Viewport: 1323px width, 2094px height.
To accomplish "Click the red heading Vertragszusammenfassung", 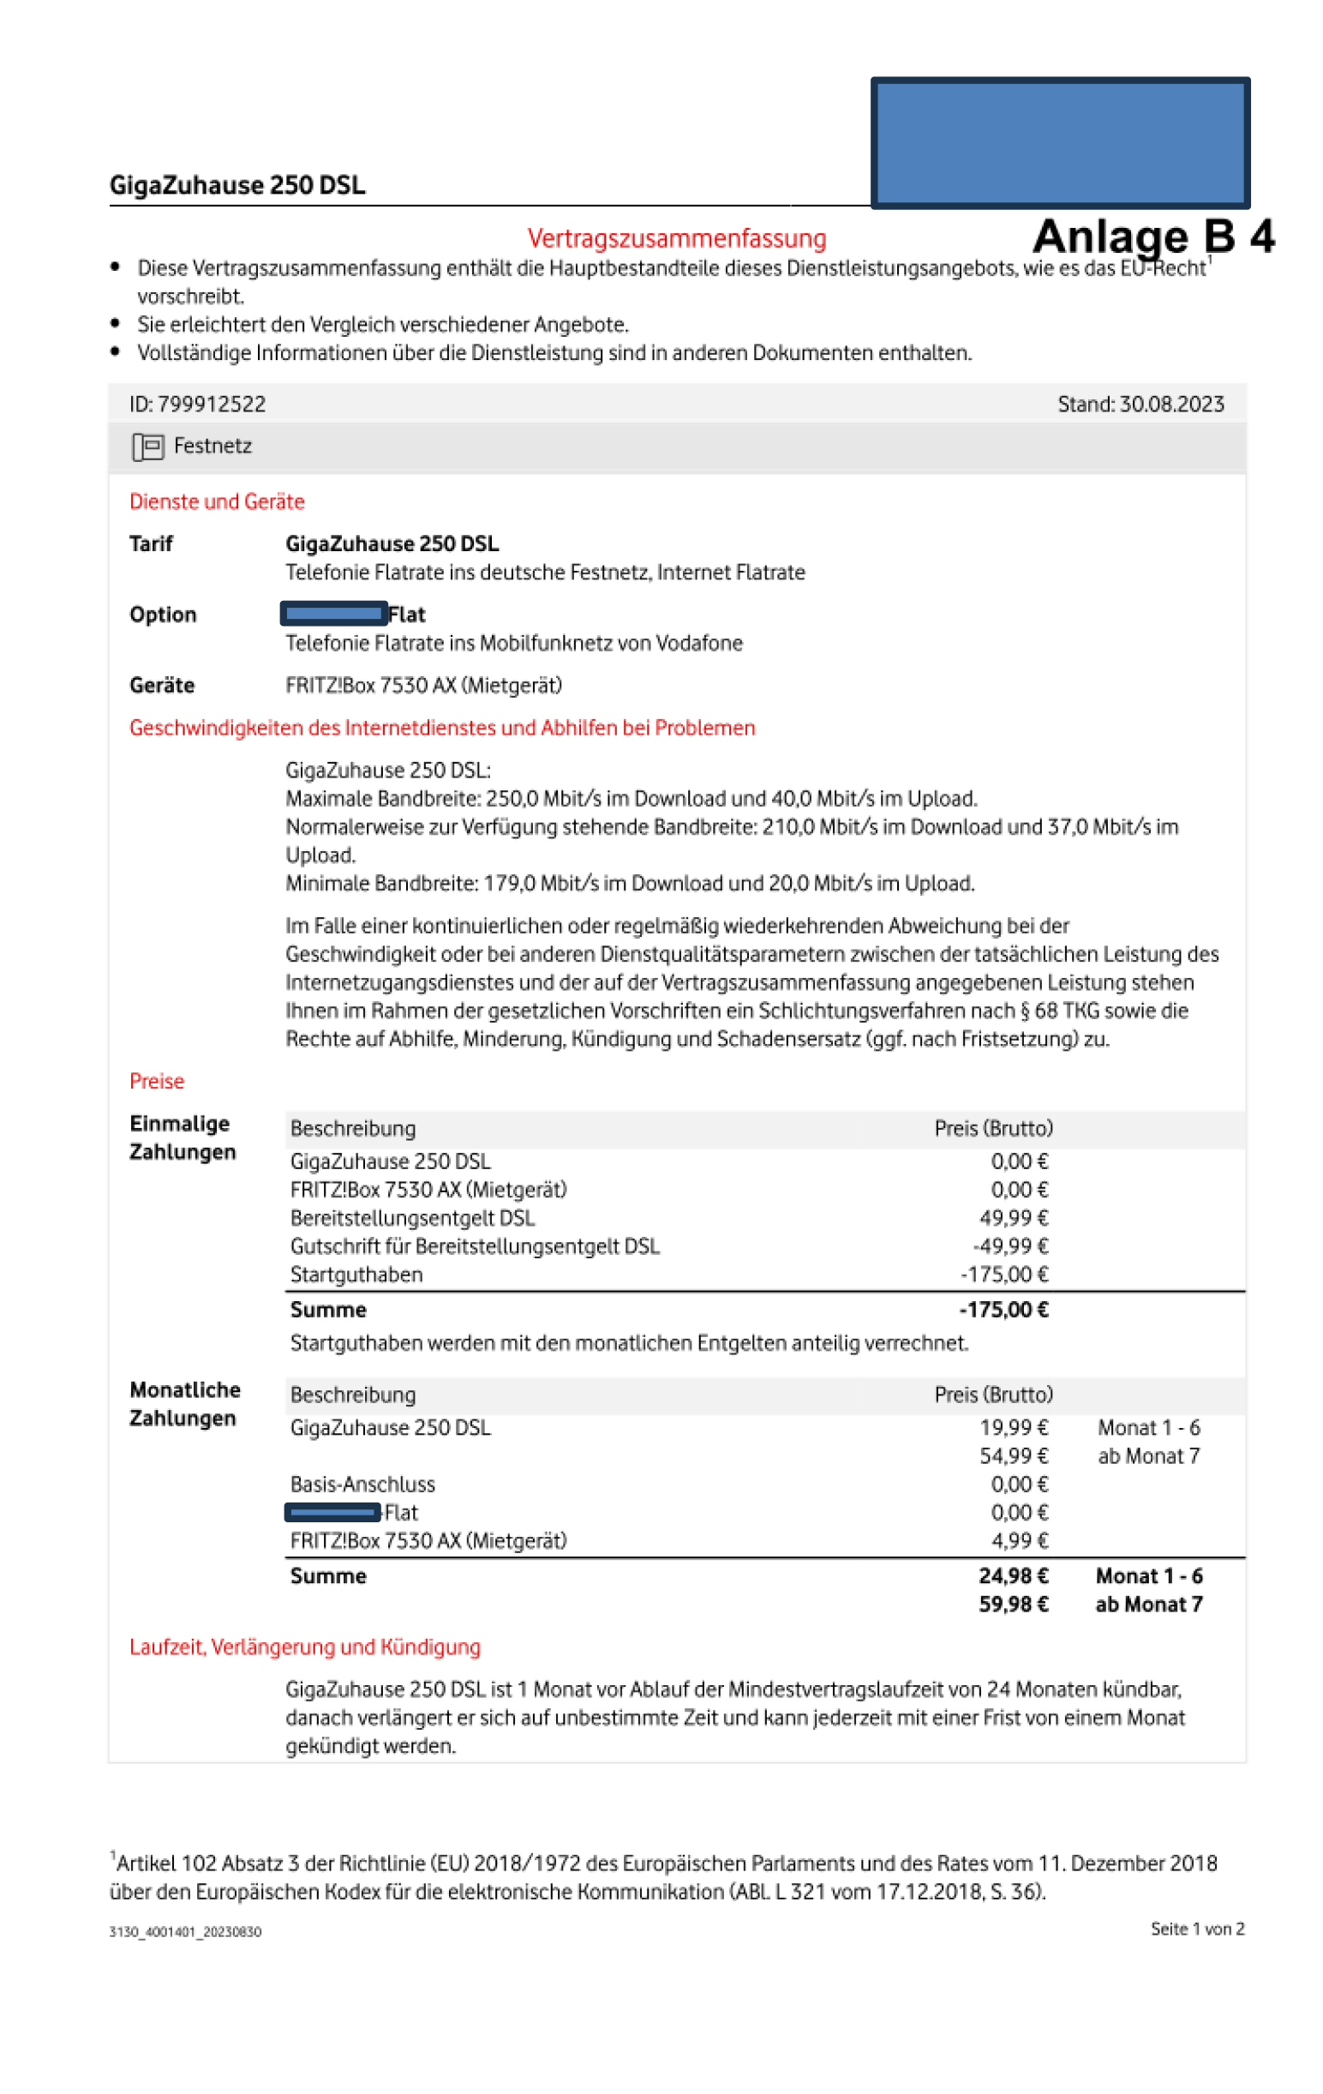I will [676, 238].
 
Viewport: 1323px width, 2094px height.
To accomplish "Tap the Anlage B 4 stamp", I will [1152, 237].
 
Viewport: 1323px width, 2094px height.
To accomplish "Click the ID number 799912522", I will [212, 405].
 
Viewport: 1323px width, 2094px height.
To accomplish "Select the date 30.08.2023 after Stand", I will [1170, 405].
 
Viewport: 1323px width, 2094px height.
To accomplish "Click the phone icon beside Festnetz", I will [147, 447].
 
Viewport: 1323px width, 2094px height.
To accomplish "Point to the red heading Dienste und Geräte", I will [217, 501].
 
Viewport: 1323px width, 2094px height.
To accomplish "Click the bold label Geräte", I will [162, 685].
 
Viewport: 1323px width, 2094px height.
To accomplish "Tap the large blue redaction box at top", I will [1060, 142].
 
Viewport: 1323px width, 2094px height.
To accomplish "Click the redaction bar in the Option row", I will [334, 614].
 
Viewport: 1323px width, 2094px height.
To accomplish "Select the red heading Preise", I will [157, 1081].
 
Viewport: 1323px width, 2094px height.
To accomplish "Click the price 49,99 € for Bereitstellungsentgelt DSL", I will [1014, 1217].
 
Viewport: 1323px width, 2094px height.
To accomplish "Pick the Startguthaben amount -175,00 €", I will [1004, 1274].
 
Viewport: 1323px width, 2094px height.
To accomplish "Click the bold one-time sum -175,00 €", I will [1003, 1310].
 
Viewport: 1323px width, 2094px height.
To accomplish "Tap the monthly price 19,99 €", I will [1014, 1428].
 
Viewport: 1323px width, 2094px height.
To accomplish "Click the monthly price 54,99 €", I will [1014, 1455].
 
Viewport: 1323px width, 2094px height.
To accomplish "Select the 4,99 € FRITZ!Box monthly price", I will [1020, 1541].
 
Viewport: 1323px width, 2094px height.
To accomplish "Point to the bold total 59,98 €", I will [1013, 1605].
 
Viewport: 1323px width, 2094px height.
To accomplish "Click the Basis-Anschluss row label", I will [362, 1485].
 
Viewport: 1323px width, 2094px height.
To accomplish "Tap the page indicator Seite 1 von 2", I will [1197, 1929].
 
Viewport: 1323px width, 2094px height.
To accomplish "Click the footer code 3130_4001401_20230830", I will [185, 1932].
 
